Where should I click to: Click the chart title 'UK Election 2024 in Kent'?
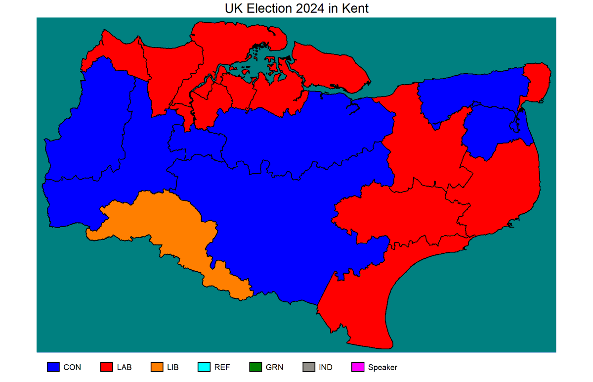296,8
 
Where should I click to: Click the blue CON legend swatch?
53,367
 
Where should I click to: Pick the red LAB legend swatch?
107,367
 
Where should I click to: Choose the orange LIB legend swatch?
157,367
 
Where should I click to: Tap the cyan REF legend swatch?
204,367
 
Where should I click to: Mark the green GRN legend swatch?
255,367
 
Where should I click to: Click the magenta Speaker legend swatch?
358,367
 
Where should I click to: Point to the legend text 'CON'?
72,367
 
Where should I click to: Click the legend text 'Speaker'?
382,367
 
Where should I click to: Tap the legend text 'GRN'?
275,367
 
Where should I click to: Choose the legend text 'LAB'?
125,367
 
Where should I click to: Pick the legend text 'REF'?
222,367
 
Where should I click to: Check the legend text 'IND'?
326,367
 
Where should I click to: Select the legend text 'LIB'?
173,367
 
